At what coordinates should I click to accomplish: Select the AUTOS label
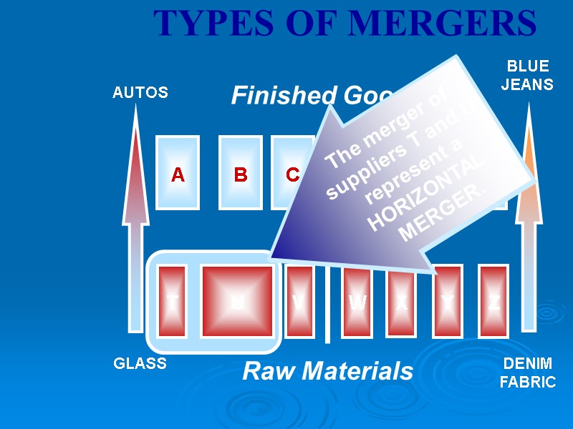point(140,93)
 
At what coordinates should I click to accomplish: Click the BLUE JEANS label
point(527,75)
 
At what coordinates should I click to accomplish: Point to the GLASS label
point(140,364)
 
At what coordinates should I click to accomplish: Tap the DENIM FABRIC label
point(527,373)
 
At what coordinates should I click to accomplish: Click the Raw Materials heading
point(328,372)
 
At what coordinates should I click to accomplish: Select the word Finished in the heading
point(273,96)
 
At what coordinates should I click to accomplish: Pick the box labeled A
point(178,173)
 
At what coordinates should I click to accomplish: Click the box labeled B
point(241,173)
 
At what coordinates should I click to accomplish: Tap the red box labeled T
point(172,302)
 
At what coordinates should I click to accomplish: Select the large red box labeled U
point(237,302)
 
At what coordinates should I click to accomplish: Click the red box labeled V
point(299,302)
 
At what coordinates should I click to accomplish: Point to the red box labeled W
point(357,302)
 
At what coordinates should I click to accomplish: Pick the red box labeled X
point(401,302)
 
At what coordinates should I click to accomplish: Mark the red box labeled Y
point(447,302)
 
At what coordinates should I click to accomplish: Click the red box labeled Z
point(493,302)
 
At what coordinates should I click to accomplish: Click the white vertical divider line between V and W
point(327,315)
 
